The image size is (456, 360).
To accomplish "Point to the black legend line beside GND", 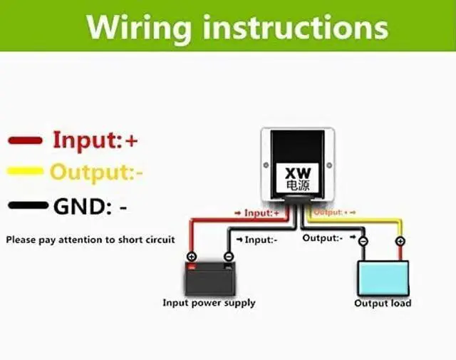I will pyautogui.click(x=27, y=207).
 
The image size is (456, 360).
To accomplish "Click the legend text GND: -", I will pyautogui.click(x=90, y=207).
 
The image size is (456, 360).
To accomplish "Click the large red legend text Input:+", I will pyautogui.click(x=95, y=140).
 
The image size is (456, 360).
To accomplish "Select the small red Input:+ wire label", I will pyautogui.click(x=259, y=212).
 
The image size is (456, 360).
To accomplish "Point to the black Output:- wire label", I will pyautogui.click(x=323, y=237).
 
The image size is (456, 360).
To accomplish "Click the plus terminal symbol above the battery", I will pyautogui.click(x=192, y=257).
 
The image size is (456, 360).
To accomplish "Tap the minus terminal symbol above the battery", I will pyautogui.click(x=228, y=257).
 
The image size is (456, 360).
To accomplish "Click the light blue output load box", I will pyautogui.click(x=383, y=278).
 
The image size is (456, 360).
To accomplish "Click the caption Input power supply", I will pyautogui.click(x=209, y=303).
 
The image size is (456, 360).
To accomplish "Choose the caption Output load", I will pyautogui.click(x=383, y=303).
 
